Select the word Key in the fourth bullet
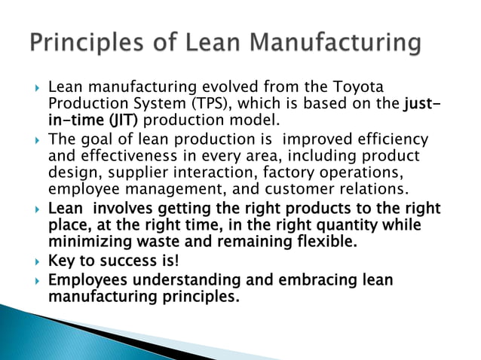(x=60, y=262)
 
